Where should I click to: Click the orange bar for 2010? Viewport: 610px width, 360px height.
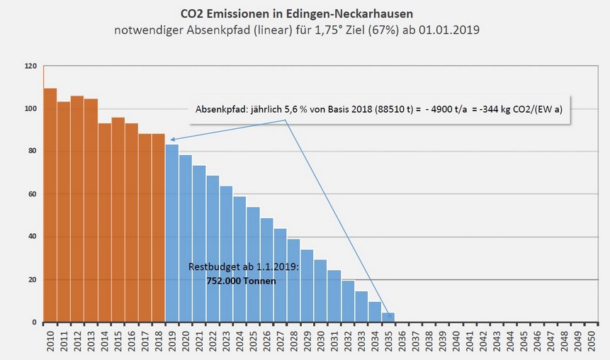[x=50, y=206]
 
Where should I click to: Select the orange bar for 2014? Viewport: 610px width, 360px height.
[x=104, y=223]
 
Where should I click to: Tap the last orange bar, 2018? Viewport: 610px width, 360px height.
[x=159, y=227]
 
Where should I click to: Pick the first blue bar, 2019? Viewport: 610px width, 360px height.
[x=172, y=233]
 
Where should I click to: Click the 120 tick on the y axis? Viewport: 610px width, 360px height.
[x=30, y=66]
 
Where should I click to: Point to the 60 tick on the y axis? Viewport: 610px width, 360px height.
[x=32, y=194]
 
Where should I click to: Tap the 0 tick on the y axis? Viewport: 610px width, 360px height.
[x=34, y=322]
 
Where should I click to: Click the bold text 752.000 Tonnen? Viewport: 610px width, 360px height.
[x=232, y=281]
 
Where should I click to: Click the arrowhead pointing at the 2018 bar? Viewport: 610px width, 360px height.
[x=172, y=140]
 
